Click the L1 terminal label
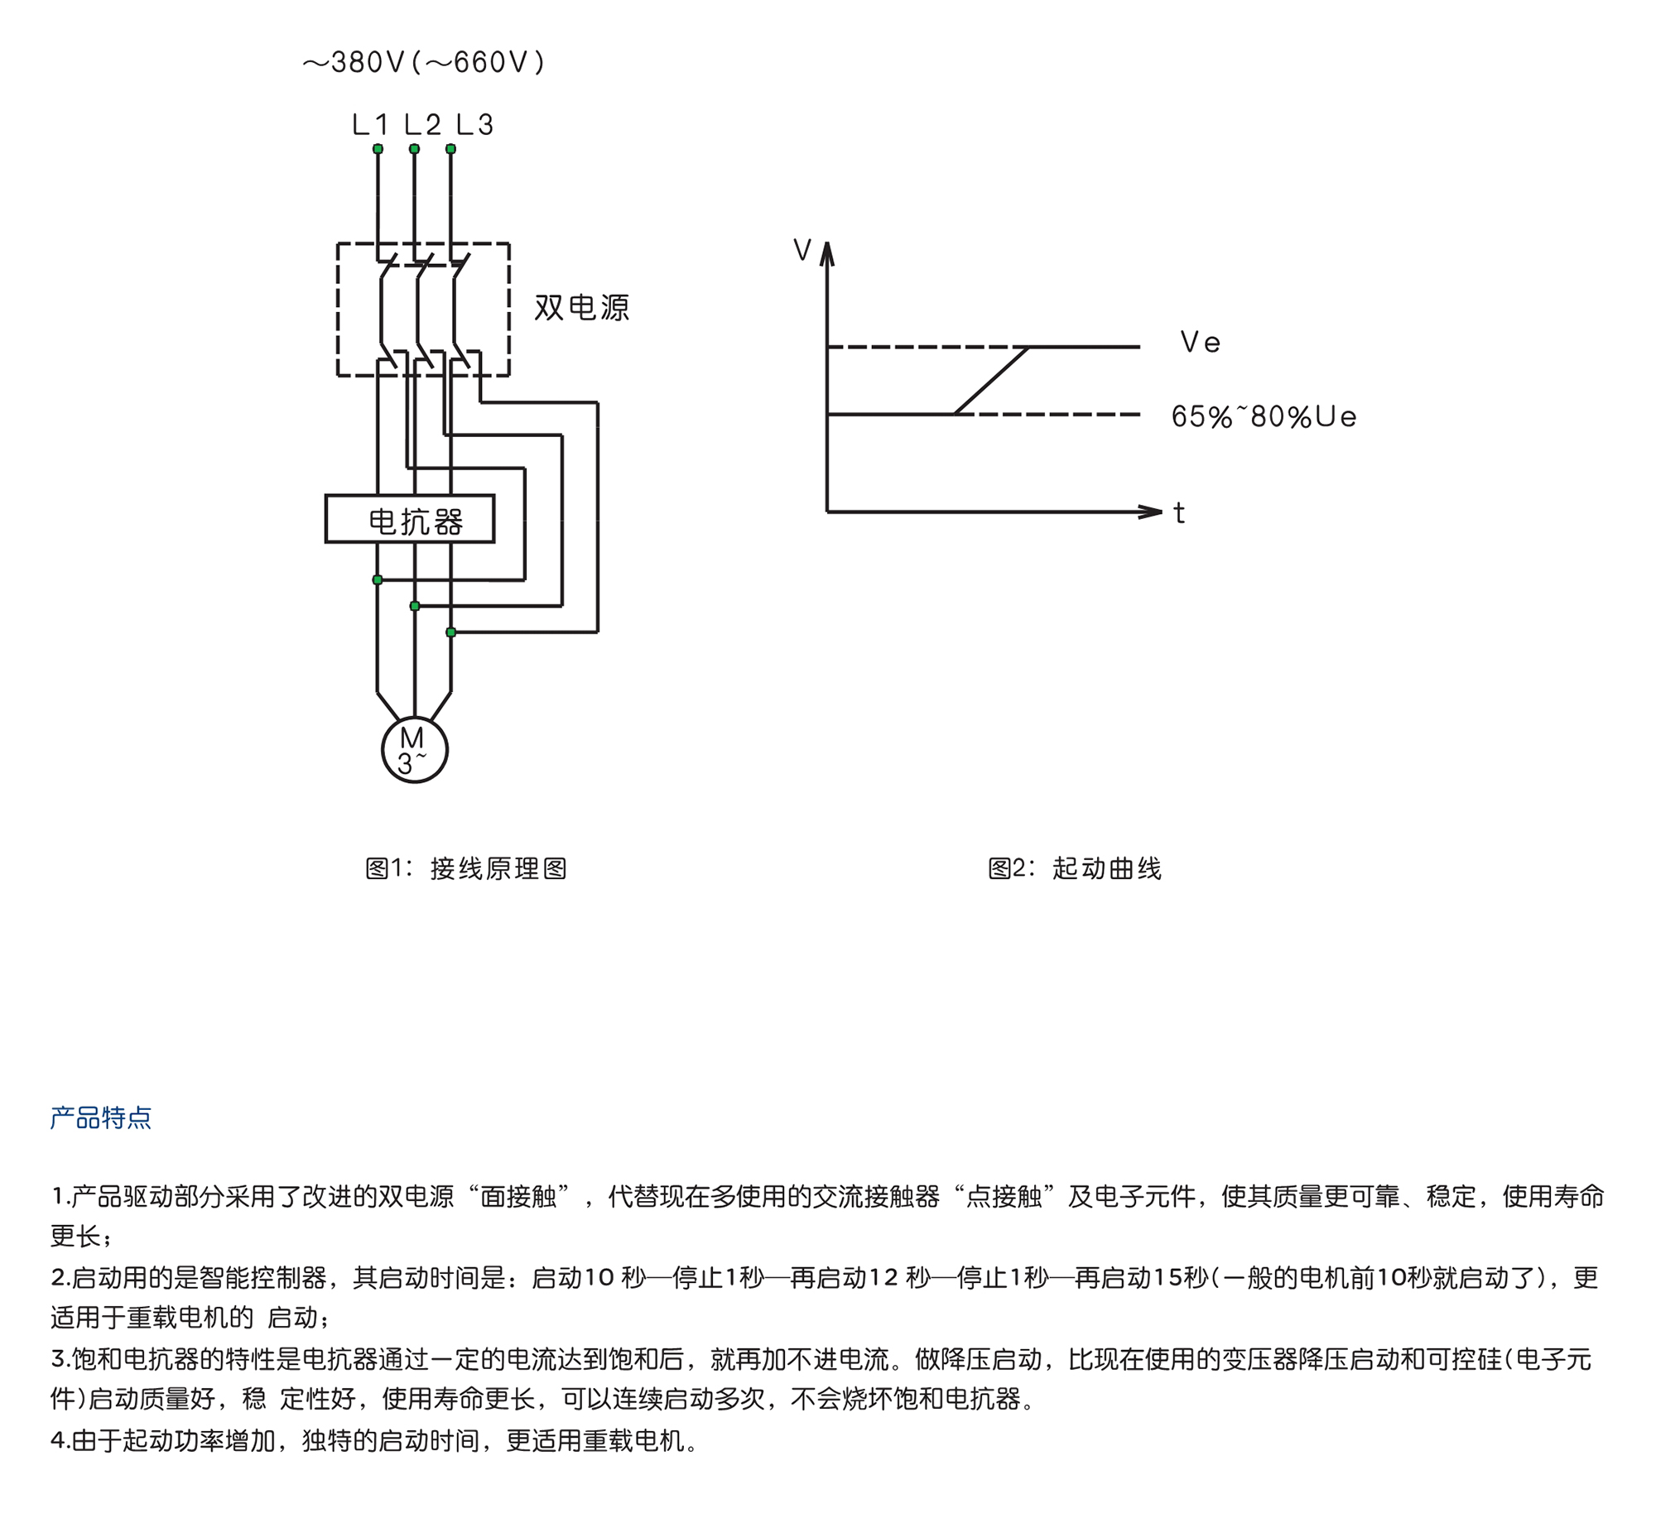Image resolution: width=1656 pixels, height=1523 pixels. pyautogui.click(x=369, y=125)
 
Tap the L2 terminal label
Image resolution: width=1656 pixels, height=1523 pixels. pyautogui.click(x=422, y=125)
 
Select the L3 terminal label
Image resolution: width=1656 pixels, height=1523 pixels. pyautogui.click(x=474, y=125)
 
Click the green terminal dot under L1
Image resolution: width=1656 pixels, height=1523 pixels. pyautogui.click(x=378, y=149)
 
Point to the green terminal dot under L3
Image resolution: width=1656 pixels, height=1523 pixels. pyautogui.click(x=450, y=149)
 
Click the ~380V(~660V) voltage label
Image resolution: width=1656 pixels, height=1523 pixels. pyautogui.click(x=423, y=62)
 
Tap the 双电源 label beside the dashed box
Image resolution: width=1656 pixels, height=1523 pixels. pyautogui.click(x=581, y=308)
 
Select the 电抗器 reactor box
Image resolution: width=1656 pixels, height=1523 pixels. pyautogui.click(x=410, y=519)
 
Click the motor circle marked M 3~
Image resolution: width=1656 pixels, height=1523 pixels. pyautogui.click(x=415, y=750)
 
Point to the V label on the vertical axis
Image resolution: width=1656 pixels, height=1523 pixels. pyautogui.click(x=802, y=250)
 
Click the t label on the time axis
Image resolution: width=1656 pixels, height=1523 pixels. pyautogui.click(x=1179, y=513)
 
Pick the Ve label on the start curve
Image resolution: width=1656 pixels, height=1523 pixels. pyautogui.click(x=1200, y=342)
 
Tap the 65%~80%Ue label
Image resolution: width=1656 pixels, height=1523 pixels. pyautogui.click(x=1264, y=416)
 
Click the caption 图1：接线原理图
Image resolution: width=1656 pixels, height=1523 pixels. pyautogui.click(x=466, y=868)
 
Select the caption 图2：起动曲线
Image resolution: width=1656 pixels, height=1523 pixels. pyautogui.click(x=1074, y=868)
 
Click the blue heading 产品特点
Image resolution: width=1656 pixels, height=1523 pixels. pyautogui.click(x=101, y=1117)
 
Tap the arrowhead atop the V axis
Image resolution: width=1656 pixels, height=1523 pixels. pyautogui.click(x=827, y=253)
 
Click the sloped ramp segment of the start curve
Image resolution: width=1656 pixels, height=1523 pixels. pyautogui.click(x=992, y=380)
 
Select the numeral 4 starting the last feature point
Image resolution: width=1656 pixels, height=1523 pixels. pyautogui.click(x=58, y=1441)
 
